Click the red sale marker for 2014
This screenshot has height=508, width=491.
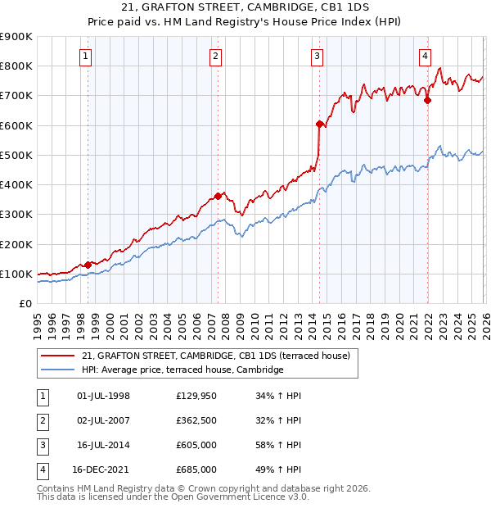point(319,124)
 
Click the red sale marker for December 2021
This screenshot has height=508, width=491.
point(427,101)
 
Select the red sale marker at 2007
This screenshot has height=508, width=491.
point(218,196)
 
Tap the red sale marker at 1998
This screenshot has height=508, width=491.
point(88,265)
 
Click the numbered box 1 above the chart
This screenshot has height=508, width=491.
point(87,57)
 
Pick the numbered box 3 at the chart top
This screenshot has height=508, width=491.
point(317,57)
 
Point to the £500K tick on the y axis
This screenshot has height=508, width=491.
point(16,155)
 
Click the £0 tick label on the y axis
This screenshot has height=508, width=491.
point(25,303)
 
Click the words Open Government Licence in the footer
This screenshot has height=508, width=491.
point(238,497)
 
